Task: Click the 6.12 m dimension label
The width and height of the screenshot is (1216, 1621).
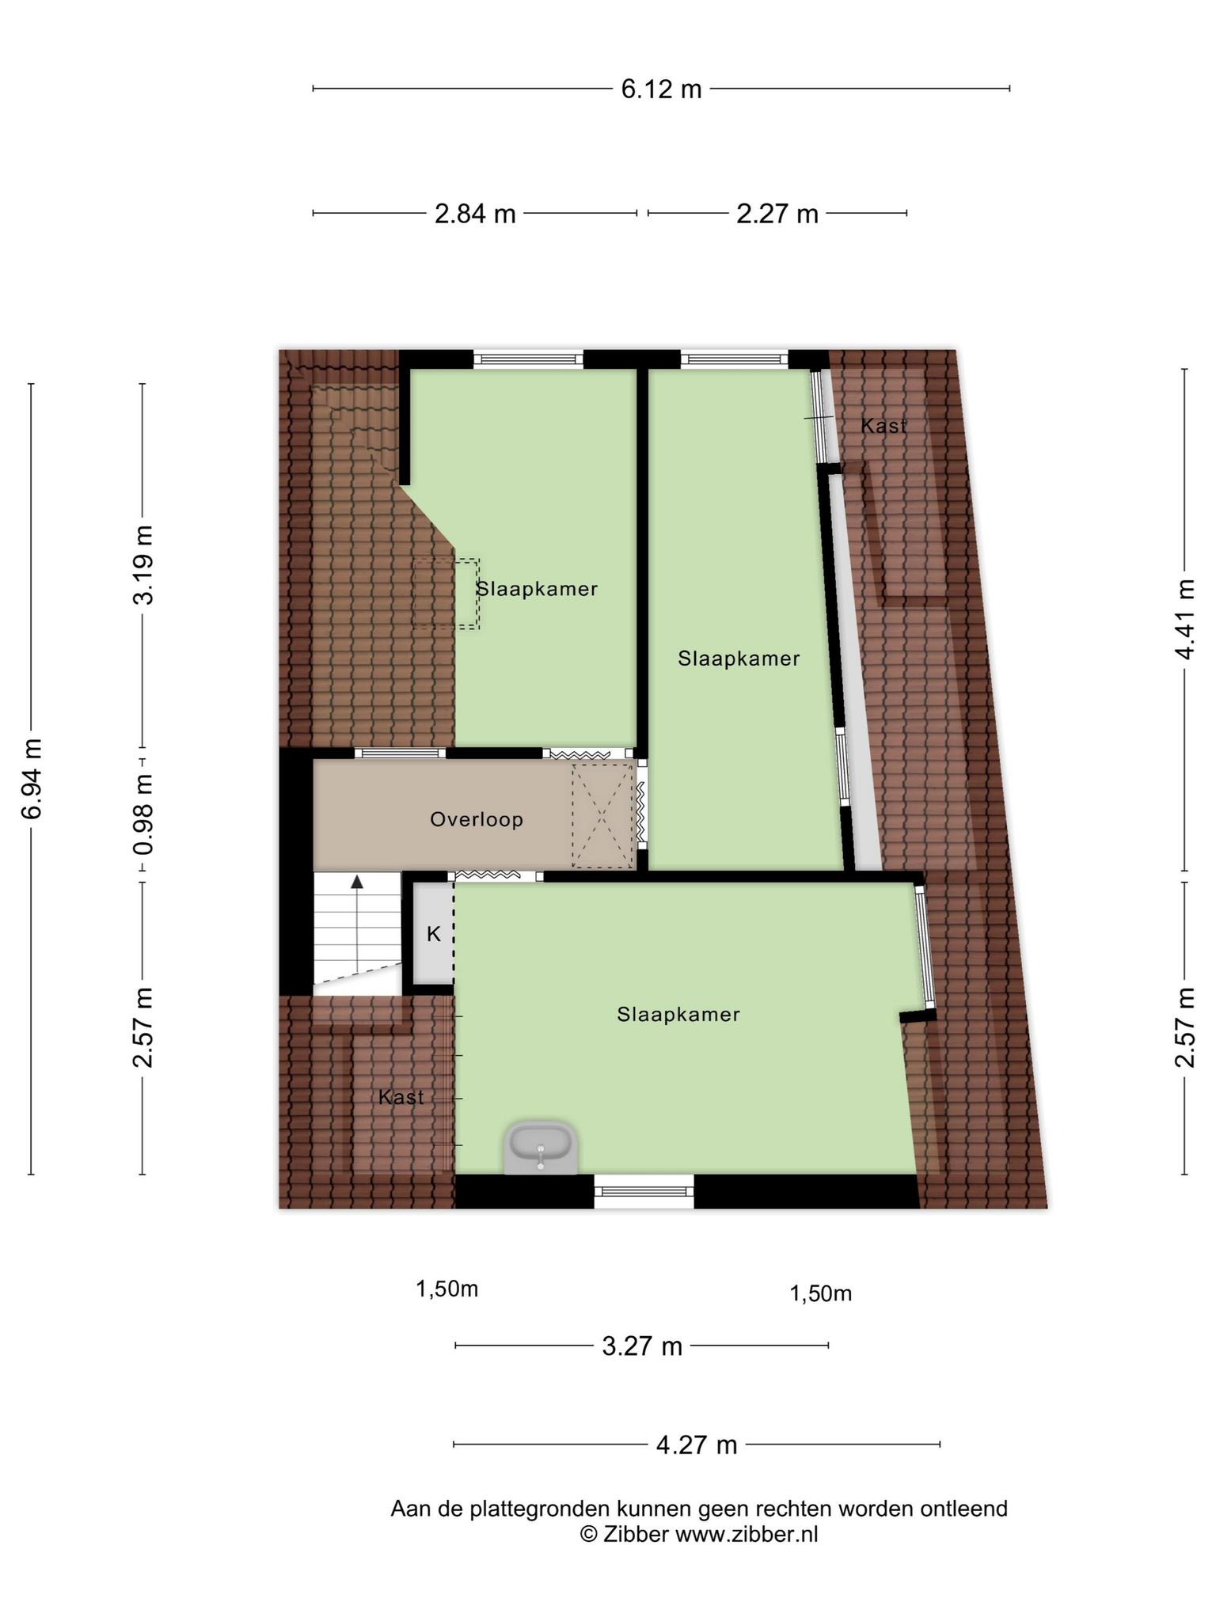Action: coord(661,89)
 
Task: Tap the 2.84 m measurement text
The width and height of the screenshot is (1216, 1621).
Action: coord(475,214)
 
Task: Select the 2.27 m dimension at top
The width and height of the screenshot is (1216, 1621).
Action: coord(777,214)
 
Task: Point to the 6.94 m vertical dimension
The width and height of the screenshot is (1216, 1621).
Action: coord(32,778)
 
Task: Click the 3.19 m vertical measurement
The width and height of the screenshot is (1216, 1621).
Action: coord(143,564)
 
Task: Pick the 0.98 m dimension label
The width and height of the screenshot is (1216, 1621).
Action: coord(143,814)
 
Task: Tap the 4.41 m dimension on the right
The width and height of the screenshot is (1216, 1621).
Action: coord(1184,619)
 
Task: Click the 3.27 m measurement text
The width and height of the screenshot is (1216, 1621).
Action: coord(642,1346)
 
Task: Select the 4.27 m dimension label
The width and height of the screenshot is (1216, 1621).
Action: coord(697,1444)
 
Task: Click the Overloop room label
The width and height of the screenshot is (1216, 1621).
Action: coord(477,819)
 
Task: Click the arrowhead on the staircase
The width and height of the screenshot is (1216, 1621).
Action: coord(357,881)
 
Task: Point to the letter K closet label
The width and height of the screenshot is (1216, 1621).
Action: coord(434,934)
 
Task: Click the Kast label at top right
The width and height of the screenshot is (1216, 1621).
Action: coord(883,426)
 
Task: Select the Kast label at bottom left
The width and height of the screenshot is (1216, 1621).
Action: coord(401,1097)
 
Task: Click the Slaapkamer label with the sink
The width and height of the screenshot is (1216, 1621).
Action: coord(678,1014)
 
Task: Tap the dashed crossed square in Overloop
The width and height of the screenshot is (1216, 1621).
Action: coord(603,816)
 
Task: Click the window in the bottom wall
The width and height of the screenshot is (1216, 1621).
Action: coord(644,1191)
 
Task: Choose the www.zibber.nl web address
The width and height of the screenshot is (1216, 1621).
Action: coord(747,1535)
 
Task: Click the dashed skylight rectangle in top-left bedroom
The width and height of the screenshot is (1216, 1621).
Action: coord(446,594)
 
